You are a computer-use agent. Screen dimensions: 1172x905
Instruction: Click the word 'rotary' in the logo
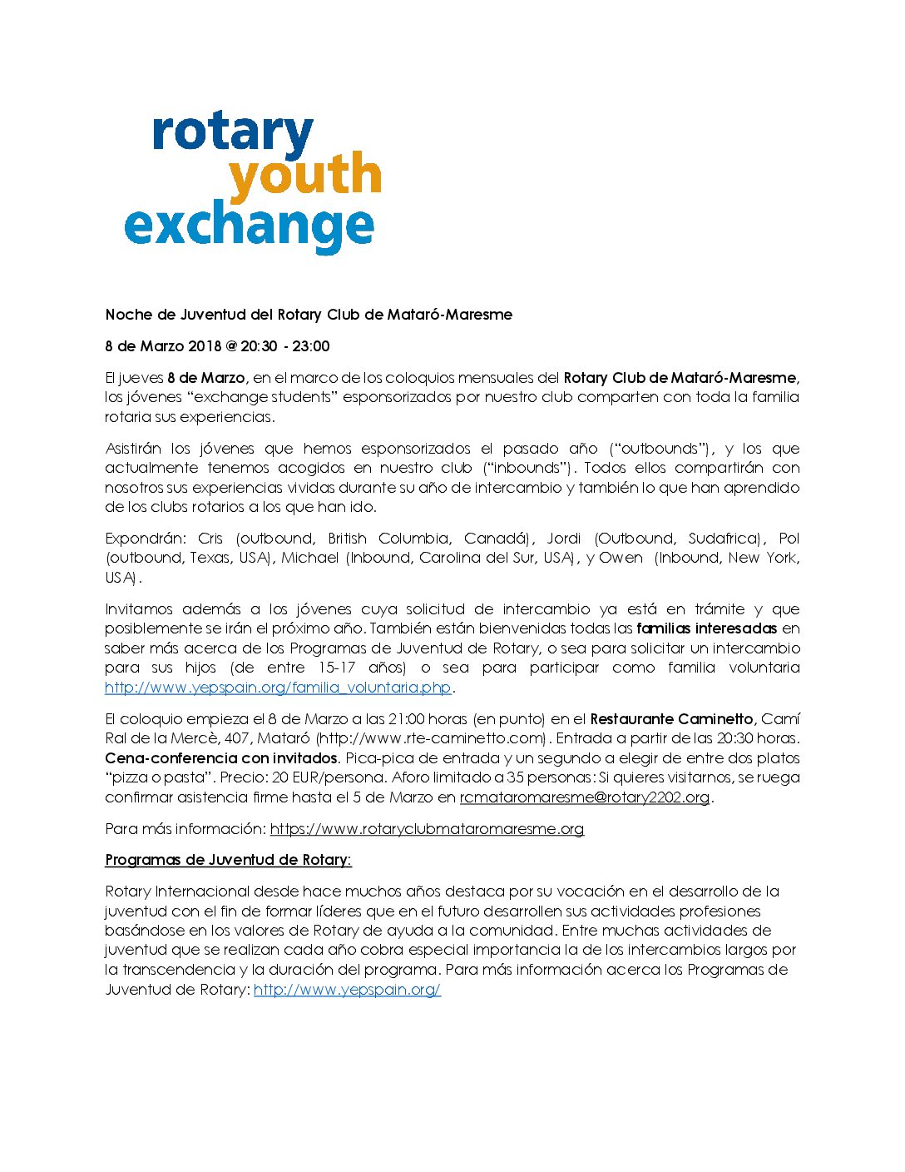click(233, 133)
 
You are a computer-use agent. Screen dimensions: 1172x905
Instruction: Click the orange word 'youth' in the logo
click(304, 176)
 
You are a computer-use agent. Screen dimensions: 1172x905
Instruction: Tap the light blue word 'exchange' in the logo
click(250, 226)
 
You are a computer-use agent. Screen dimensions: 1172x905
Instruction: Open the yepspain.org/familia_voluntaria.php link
click(278, 688)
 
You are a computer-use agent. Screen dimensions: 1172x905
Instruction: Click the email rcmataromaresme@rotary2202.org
click(585, 797)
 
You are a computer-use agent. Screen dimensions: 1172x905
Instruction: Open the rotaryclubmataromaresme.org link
click(427, 829)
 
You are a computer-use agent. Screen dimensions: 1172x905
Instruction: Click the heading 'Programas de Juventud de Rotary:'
click(228, 860)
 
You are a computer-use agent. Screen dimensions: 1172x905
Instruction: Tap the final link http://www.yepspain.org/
click(347, 990)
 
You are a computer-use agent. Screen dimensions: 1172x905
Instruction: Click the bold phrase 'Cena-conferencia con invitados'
click(221, 758)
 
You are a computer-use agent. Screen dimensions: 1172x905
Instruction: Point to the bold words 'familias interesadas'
click(706, 628)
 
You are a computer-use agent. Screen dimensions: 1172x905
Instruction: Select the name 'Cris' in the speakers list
click(210, 539)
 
